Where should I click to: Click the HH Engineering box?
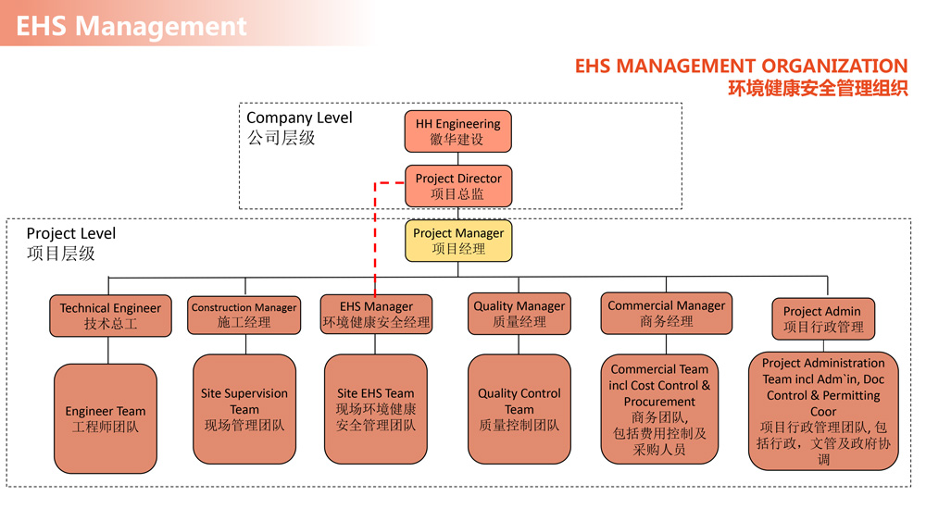457,131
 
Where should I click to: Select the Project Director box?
457,186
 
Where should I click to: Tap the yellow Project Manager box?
458,241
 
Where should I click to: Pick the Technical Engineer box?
110,316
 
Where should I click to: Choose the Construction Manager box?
244,316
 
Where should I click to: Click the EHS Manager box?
376,315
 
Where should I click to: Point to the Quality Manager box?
519,314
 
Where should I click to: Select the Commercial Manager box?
666,313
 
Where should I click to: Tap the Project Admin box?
822,319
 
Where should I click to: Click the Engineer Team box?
106,419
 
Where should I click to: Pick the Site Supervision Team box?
244,409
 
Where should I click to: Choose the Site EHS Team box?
376,409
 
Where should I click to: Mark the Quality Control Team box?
519,409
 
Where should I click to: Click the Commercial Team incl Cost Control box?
659,409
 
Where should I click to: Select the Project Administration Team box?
823,411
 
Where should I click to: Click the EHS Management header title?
131,26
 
